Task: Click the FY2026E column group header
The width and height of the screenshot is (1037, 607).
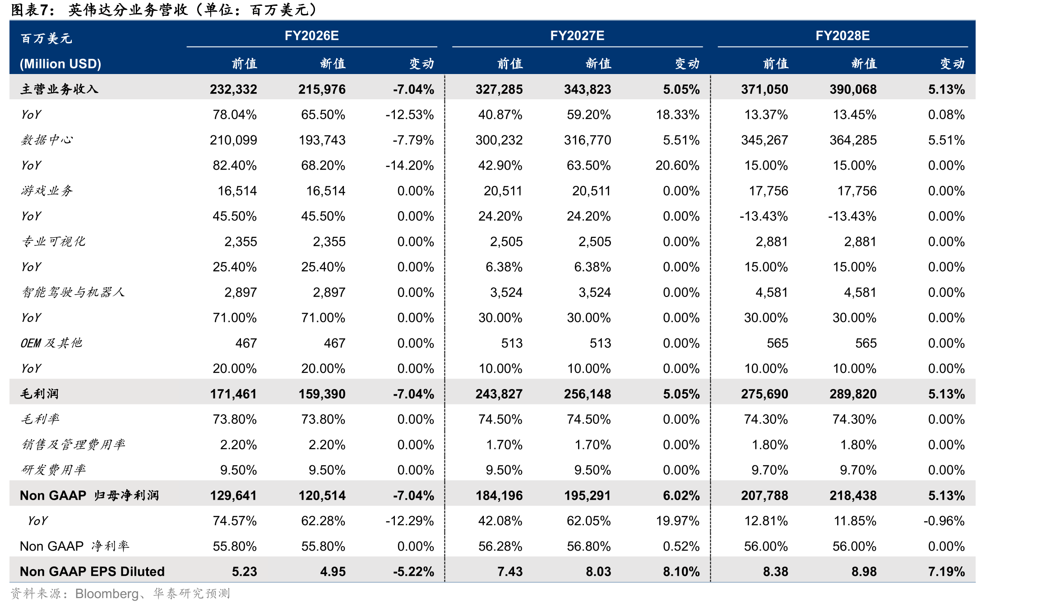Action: click(x=311, y=36)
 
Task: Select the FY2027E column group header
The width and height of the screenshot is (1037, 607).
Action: click(x=577, y=36)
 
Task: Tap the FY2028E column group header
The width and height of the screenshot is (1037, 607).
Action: click(x=842, y=36)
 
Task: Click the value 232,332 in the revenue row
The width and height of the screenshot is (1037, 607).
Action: click(x=233, y=89)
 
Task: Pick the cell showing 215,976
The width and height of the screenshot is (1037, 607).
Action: click(x=322, y=89)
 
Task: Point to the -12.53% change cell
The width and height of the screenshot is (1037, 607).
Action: click(x=410, y=115)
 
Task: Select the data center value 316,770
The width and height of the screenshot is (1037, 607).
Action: click(x=587, y=140)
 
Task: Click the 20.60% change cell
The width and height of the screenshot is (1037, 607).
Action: click(x=677, y=166)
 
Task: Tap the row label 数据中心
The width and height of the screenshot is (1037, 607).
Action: click(x=46, y=140)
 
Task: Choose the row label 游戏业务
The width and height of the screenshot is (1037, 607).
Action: click(x=46, y=191)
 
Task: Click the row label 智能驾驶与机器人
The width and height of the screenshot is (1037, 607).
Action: click(x=73, y=292)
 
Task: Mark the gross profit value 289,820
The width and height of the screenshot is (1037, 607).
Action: click(x=853, y=394)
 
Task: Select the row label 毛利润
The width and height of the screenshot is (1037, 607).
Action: click(x=39, y=394)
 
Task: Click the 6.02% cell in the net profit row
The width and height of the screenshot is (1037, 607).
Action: click(x=681, y=496)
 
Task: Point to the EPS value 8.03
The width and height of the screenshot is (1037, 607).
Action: click(x=598, y=572)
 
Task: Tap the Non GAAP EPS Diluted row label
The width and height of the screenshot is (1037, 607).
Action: click(x=92, y=572)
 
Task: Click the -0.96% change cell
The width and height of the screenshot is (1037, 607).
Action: click(x=944, y=521)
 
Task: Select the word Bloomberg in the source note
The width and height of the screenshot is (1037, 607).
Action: click(x=107, y=594)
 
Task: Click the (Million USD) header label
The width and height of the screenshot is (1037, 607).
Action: click(x=60, y=64)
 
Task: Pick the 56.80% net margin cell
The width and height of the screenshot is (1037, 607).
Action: click(x=588, y=547)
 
